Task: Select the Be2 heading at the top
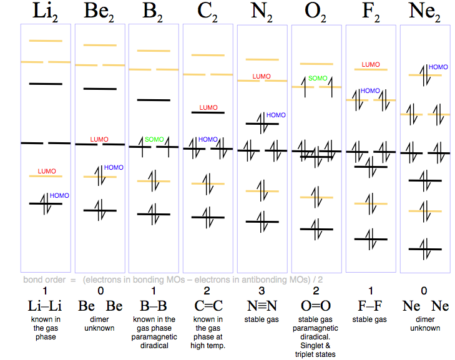click(x=100, y=11)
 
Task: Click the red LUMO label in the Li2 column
click(x=47, y=171)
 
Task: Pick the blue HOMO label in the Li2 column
click(x=59, y=195)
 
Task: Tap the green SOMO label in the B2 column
click(x=154, y=139)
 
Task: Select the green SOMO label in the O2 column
click(x=318, y=79)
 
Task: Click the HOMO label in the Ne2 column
click(x=438, y=67)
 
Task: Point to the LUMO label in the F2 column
click(x=371, y=65)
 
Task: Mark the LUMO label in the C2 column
click(x=208, y=108)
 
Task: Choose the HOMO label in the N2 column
click(x=276, y=115)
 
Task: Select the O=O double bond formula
click(x=316, y=306)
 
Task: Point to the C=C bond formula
click(x=208, y=306)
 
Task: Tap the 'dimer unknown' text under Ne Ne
click(x=425, y=324)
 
